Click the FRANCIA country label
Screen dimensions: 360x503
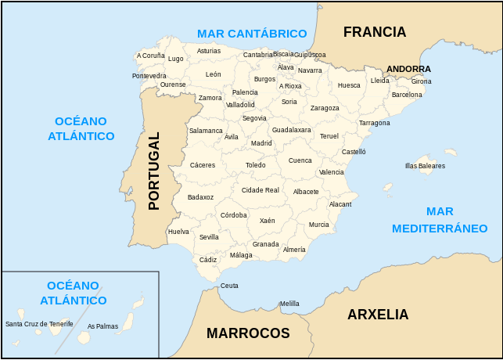pyautogui.click(x=375, y=32)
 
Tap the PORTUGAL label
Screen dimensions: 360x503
pyautogui.click(x=154, y=171)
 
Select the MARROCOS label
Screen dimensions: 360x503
pyautogui.click(x=248, y=333)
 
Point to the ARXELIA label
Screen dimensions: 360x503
pyautogui.click(x=378, y=315)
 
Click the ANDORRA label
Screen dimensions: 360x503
pyautogui.click(x=408, y=69)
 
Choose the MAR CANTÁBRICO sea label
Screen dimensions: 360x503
pyautogui.click(x=252, y=34)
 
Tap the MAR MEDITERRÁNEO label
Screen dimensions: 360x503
pyautogui.click(x=440, y=220)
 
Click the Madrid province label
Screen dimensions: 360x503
pyautogui.click(x=261, y=143)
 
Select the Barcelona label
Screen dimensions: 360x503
pyautogui.click(x=407, y=94)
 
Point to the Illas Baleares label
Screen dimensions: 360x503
pyautogui.click(x=425, y=166)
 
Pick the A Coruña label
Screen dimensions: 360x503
pyautogui.click(x=150, y=56)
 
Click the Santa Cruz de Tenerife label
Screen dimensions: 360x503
pyautogui.click(x=39, y=323)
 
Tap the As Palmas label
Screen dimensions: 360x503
pyautogui.click(x=102, y=326)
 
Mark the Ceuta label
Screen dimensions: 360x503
pyautogui.click(x=229, y=286)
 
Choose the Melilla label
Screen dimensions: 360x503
pyautogui.click(x=289, y=304)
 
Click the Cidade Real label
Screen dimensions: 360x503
pyautogui.click(x=260, y=190)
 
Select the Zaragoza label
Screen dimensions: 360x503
pyautogui.click(x=325, y=108)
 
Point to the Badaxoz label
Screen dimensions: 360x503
pyautogui.click(x=200, y=197)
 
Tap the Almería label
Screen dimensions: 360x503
pyautogui.click(x=294, y=250)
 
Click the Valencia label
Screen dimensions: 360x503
pyautogui.click(x=332, y=172)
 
